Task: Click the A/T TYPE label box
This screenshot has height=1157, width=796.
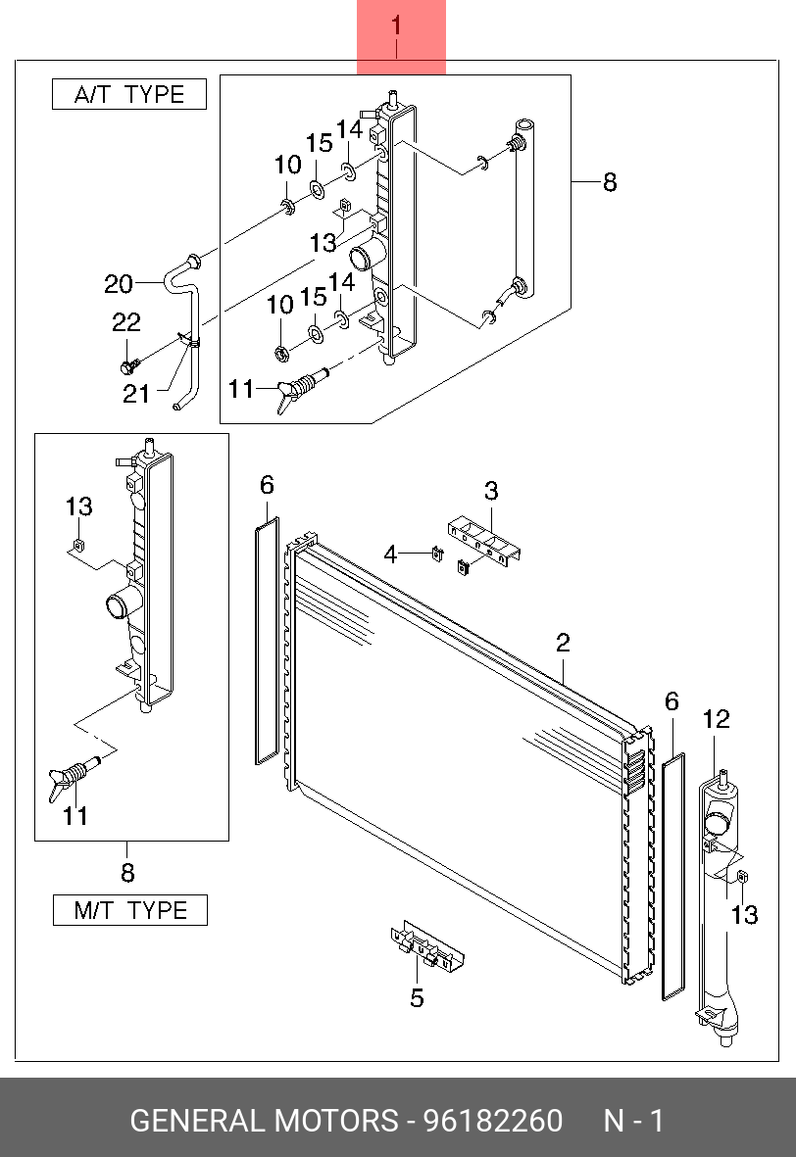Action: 129,95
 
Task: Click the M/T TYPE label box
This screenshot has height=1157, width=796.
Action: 130,910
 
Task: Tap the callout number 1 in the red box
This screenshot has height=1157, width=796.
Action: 397,26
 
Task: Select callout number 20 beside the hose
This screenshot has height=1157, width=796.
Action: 118,284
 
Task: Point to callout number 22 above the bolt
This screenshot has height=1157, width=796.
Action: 126,322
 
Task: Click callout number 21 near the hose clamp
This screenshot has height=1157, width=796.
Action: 136,393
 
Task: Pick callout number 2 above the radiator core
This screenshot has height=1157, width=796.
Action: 563,644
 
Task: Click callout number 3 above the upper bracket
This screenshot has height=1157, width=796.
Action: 491,490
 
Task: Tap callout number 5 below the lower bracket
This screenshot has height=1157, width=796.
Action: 417,998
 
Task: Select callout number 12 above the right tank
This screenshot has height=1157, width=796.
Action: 717,720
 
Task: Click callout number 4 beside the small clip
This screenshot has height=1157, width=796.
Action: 390,554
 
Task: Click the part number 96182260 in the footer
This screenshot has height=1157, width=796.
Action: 492,1121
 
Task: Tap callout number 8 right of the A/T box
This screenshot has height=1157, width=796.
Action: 610,182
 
